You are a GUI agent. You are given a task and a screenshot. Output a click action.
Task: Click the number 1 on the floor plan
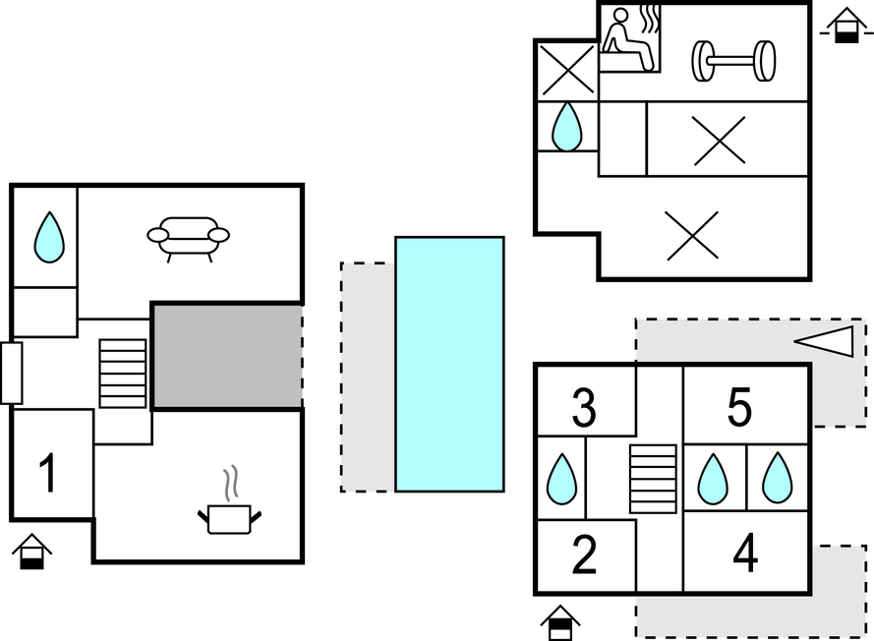tap(47, 472)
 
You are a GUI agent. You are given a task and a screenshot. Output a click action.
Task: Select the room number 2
tap(584, 556)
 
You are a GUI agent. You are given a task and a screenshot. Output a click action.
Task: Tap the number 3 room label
tap(584, 409)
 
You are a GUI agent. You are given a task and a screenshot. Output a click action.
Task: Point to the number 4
tap(745, 554)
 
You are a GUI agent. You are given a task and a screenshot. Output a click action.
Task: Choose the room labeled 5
tap(739, 407)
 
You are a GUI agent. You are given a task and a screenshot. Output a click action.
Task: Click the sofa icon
tap(188, 237)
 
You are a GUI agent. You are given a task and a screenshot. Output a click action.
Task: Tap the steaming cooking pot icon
tap(230, 507)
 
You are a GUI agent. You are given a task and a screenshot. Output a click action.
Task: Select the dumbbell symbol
tap(733, 60)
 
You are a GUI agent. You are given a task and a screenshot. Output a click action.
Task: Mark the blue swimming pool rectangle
tap(449, 364)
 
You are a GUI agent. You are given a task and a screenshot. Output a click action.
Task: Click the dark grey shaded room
tap(226, 355)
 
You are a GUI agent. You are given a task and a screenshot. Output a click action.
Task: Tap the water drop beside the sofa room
tap(48, 238)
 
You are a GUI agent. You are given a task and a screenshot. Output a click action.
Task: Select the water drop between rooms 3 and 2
tap(561, 478)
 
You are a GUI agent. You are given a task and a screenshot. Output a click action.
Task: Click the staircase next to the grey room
tap(123, 374)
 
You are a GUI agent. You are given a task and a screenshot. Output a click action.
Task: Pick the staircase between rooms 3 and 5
tap(653, 479)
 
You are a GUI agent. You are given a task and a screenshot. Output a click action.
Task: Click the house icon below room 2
tap(559, 622)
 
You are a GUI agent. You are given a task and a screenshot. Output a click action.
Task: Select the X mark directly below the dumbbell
tap(719, 140)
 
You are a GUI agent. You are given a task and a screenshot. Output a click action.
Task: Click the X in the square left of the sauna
tap(567, 70)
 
